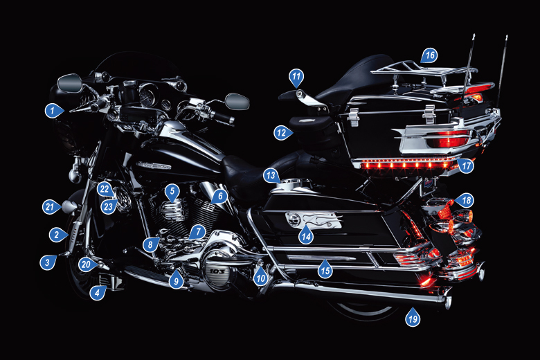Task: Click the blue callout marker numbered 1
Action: pyautogui.click(x=52, y=109)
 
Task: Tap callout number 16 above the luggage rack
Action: pyautogui.click(x=429, y=55)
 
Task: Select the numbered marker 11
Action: pyautogui.click(x=296, y=75)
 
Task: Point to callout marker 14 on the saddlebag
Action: pyautogui.click(x=305, y=235)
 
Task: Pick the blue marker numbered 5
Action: pyautogui.click(x=172, y=190)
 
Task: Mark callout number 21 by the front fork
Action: pyautogui.click(x=50, y=206)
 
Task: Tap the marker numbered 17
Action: pyautogui.click(x=466, y=166)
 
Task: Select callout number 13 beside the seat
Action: pyautogui.click(x=271, y=176)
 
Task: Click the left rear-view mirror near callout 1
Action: pyautogui.click(x=70, y=83)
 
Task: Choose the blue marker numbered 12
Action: pyautogui.click(x=281, y=132)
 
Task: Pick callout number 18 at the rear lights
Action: pyautogui.click(x=467, y=201)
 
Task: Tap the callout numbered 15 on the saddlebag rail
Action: pyautogui.click(x=325, y=271)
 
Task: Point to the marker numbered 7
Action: pyautogui.click(x=197, y=232)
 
